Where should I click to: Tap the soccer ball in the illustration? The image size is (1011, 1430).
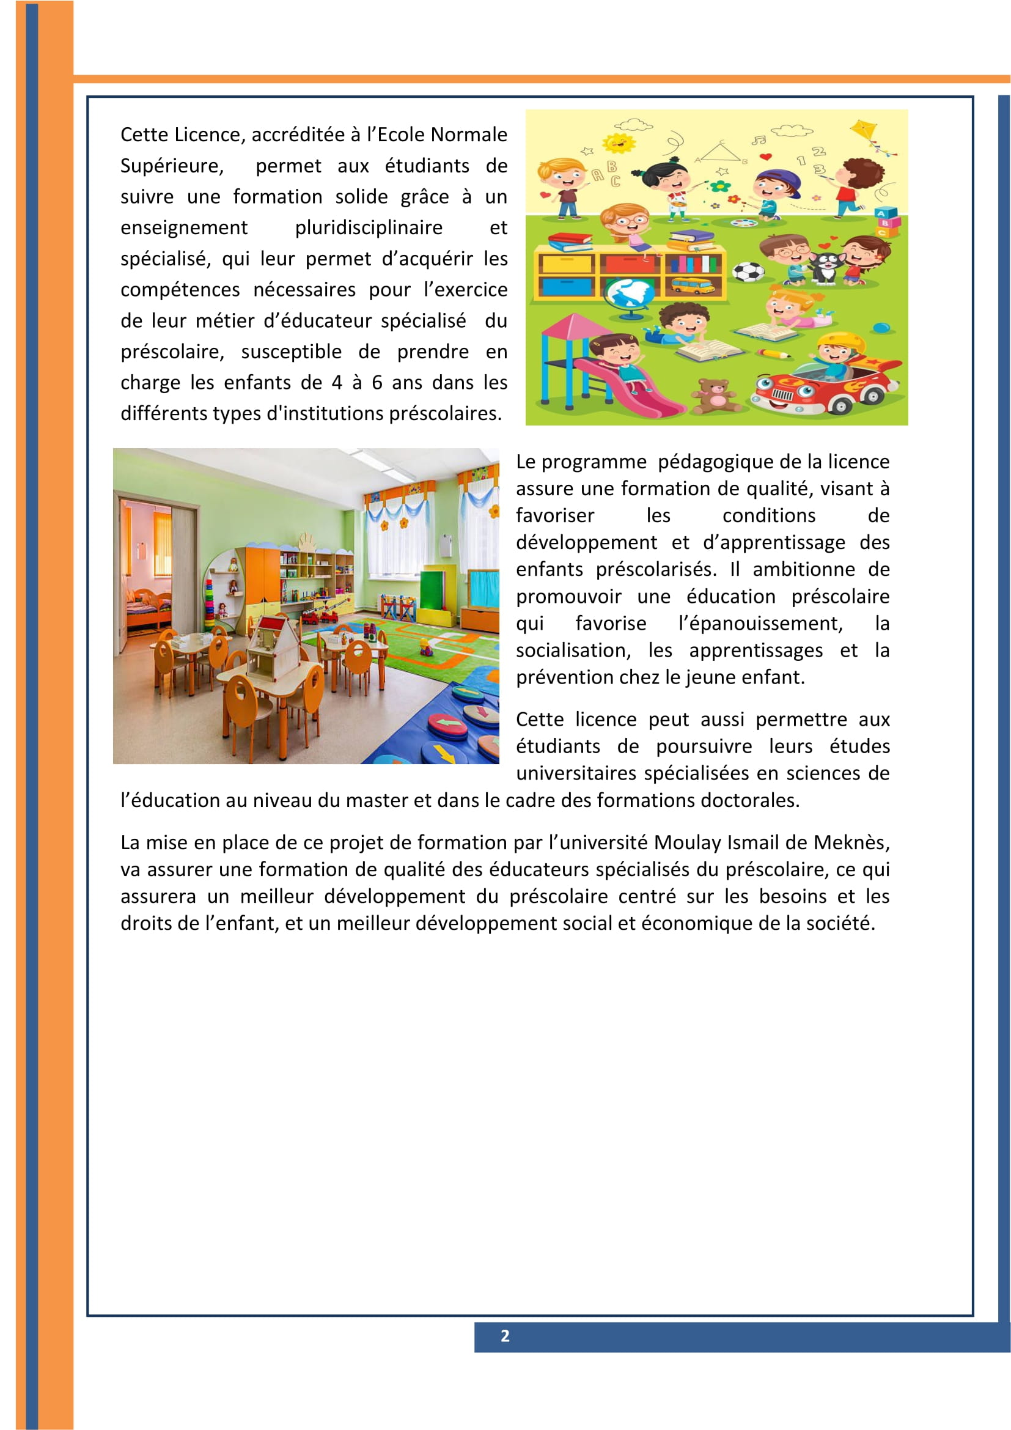[x=748, y=271]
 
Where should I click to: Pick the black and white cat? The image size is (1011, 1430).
[x=826, y=266]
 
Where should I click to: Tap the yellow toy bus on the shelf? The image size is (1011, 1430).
[x=692, y=286]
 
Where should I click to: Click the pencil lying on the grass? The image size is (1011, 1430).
[x=774, y=353]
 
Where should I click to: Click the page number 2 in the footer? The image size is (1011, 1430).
[x=505, y=1335]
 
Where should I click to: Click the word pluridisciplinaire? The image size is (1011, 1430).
[x=369, y=228]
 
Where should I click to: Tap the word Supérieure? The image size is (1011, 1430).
[x=172, y=166]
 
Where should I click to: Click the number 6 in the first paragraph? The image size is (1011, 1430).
[x=377, y=382]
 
